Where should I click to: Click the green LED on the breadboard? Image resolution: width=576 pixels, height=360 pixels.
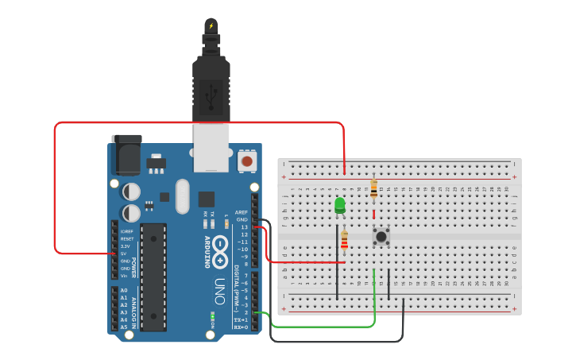point(340,205)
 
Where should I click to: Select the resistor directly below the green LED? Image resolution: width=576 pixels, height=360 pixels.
point(344,239)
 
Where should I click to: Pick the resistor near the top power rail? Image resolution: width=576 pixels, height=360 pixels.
point(373,189)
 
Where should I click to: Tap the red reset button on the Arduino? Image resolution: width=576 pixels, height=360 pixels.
point(247,161)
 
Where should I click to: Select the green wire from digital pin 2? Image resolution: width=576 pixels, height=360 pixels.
point(334,326)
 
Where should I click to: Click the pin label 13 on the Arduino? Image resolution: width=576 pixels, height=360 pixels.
point(244,227)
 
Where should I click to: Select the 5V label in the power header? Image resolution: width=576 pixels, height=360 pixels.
point(124,254)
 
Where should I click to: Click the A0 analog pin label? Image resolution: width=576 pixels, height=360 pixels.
point(124,291)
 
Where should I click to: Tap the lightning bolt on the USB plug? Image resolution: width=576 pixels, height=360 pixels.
point(211,25)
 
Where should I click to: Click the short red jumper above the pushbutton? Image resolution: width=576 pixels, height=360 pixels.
point(373,213)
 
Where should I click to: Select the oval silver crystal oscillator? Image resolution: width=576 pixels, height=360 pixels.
point(184,195)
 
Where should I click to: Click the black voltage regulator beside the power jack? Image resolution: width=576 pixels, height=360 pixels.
point(156,164)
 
